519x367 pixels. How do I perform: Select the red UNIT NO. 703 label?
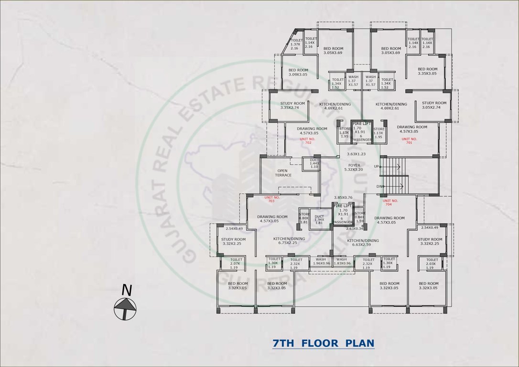(271, 199)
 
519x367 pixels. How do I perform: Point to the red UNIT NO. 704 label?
(391, 202)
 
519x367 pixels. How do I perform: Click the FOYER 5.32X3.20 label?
(354, 167)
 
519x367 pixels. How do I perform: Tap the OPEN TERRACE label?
(283, 173)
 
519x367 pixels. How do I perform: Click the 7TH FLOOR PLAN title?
(323, 343)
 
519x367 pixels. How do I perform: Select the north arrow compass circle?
(125, 308)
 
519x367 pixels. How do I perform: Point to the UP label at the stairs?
(377, 166)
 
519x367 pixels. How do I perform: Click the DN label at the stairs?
(379, 186)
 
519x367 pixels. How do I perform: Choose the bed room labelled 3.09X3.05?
(298, 72)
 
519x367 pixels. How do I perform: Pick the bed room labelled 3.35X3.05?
(427, 71)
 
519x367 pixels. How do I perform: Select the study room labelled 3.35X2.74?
(292, 105)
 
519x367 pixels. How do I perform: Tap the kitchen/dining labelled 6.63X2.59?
(363, 243)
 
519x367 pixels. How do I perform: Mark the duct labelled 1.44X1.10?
(314, 163)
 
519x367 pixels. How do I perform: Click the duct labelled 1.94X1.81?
(319, 219)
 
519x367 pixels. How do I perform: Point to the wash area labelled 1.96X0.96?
(321, 261)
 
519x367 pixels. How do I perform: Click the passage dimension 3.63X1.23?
(356, 154)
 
